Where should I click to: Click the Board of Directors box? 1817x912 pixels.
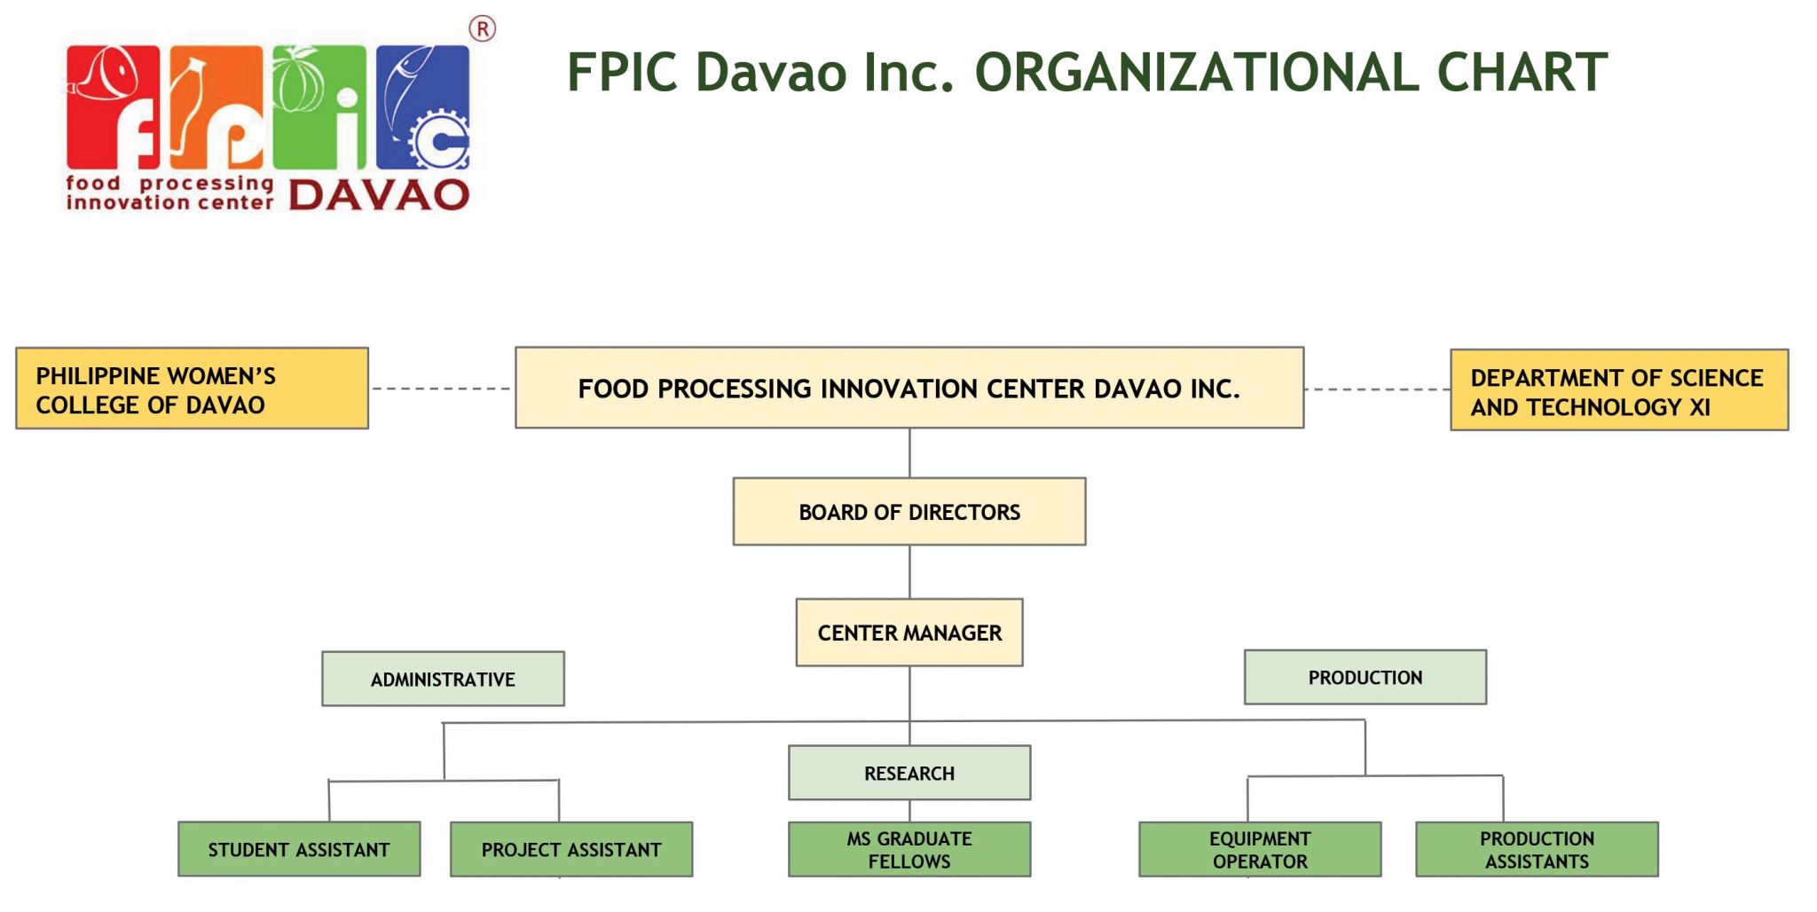(908, 512)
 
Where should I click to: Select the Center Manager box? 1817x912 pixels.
(908, 633)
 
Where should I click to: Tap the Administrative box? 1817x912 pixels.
(443, 679)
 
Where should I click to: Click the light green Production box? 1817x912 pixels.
(1365, 677)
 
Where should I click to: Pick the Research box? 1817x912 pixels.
(908, 773)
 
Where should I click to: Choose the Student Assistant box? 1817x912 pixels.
(299, 849)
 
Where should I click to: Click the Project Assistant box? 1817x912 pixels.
(570, 849)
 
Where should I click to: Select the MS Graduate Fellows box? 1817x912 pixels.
(908, 849)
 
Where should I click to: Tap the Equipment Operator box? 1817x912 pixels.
(1259, 849)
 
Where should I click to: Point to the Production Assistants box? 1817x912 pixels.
(1536, 849)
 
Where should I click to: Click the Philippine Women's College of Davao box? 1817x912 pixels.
(192, 389)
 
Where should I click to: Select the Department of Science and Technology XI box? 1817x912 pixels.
(1618, 390)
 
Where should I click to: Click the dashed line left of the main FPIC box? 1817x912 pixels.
(441, 389)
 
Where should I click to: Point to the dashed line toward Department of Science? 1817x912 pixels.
(1377, 389)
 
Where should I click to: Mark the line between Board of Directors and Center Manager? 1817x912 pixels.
(909, 571)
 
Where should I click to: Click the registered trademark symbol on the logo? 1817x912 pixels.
(482, 29)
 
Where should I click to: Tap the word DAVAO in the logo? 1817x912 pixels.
(379, 195)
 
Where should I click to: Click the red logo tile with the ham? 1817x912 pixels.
(113, 106)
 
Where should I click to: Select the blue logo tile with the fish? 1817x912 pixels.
(422, 106)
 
